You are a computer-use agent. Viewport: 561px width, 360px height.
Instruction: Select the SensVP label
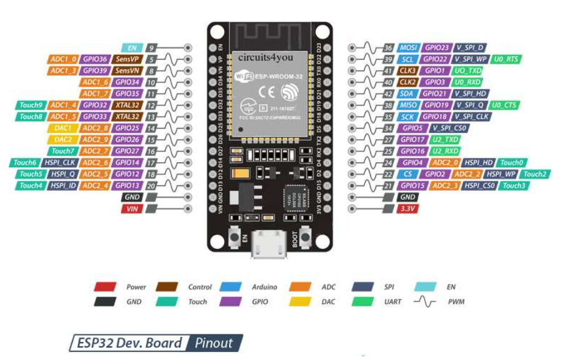click(127, 59)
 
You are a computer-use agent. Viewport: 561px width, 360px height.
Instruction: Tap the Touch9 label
click(31, 105)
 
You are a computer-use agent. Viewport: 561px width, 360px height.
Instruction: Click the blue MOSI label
click(407, 47)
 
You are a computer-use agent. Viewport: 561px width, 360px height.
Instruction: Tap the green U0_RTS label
click(505, 59)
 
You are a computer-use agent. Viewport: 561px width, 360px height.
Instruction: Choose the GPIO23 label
click(437, 47)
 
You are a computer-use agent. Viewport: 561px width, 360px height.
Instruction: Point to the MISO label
click(407, 105)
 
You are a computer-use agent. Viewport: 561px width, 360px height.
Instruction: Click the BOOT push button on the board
click(306, 237)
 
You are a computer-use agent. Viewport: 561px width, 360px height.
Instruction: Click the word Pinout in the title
click(214, 343)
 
